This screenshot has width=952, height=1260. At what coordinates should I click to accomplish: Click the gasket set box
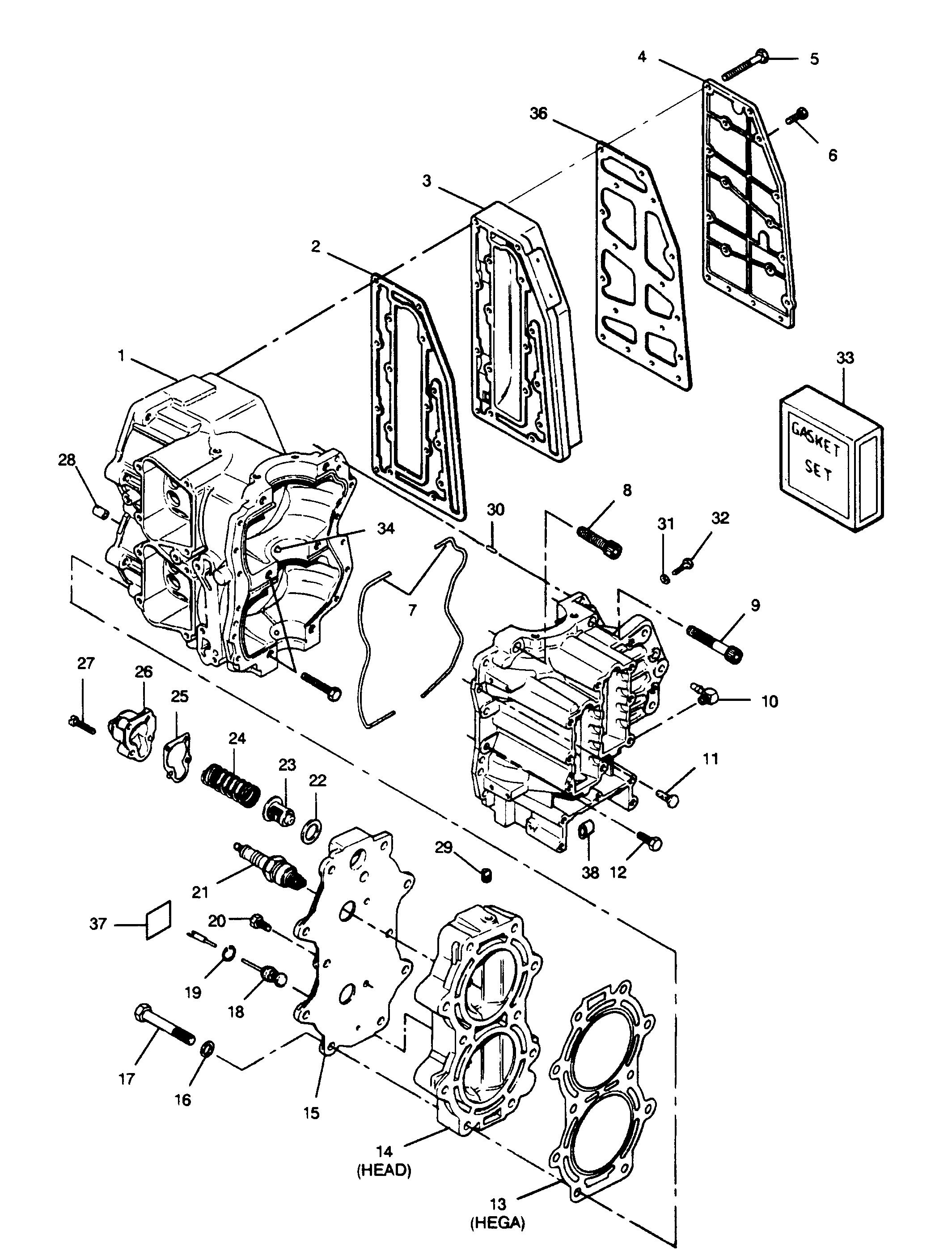point(831,458)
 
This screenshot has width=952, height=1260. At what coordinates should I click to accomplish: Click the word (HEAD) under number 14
point(384,1171)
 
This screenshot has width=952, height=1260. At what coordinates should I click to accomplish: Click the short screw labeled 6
point(798,115)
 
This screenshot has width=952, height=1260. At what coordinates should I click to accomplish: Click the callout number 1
point(121,356)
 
